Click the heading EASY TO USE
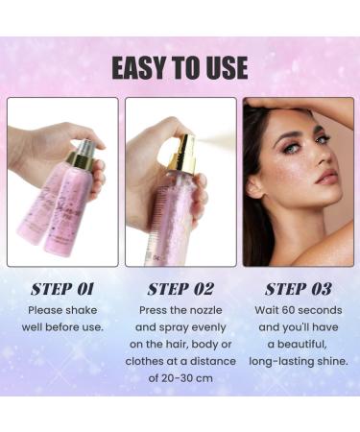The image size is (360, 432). [180, 68]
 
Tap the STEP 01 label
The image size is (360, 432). [61, 287]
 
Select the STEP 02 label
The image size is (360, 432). [180, 287]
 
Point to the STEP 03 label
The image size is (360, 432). [298, 287]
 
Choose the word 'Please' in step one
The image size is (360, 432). [48, 310]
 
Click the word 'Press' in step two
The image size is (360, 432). [154, 310]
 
